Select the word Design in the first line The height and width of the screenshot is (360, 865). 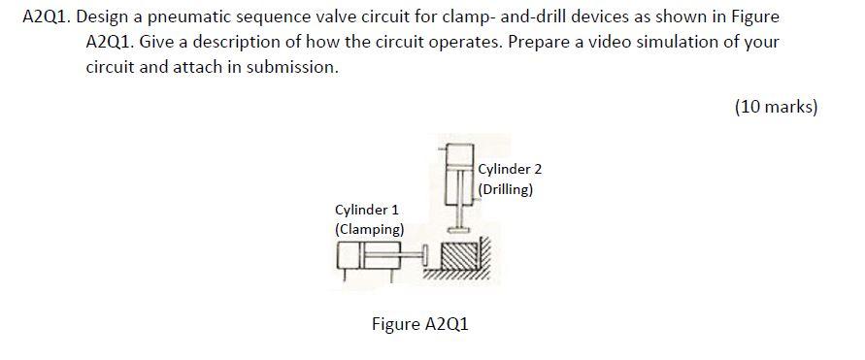pos(115,17)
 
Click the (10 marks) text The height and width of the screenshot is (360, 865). pos(776,107)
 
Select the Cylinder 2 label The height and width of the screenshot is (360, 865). pos(510,169)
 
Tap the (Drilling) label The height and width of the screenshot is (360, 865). pos(506,189)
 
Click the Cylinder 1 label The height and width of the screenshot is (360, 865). pos(366,210)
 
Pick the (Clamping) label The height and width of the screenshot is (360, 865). pos(369,229)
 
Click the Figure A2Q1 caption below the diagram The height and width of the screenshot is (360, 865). pos(419,323)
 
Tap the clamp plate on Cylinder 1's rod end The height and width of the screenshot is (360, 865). pos(425,256)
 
